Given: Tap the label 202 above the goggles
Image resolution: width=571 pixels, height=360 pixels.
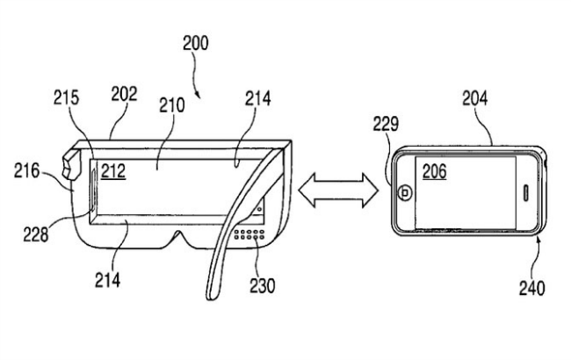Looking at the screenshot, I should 124,94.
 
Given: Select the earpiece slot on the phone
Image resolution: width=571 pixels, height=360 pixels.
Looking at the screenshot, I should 528,192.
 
